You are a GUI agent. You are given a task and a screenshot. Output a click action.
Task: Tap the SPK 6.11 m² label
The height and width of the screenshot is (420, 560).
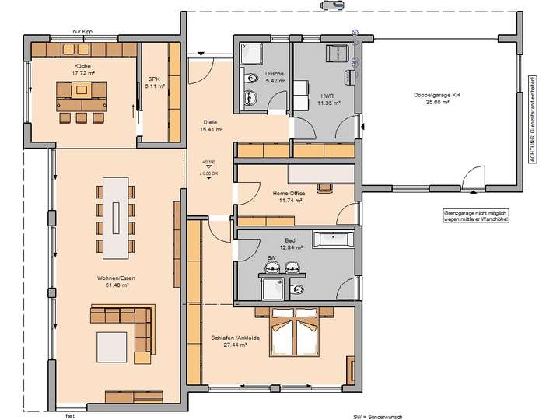pos(152,82)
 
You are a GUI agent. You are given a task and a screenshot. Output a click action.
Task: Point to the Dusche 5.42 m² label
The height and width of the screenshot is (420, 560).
pos(275,76)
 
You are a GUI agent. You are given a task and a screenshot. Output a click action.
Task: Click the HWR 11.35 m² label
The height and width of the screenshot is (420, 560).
pos(327,97)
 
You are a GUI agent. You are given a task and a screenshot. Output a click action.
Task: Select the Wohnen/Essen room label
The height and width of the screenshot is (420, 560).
pos(113,282)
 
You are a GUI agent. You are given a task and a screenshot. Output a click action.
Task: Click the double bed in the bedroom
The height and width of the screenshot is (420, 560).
pos(294,332)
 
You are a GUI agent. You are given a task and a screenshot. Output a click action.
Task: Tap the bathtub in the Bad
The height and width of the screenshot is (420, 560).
pos(334,237)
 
